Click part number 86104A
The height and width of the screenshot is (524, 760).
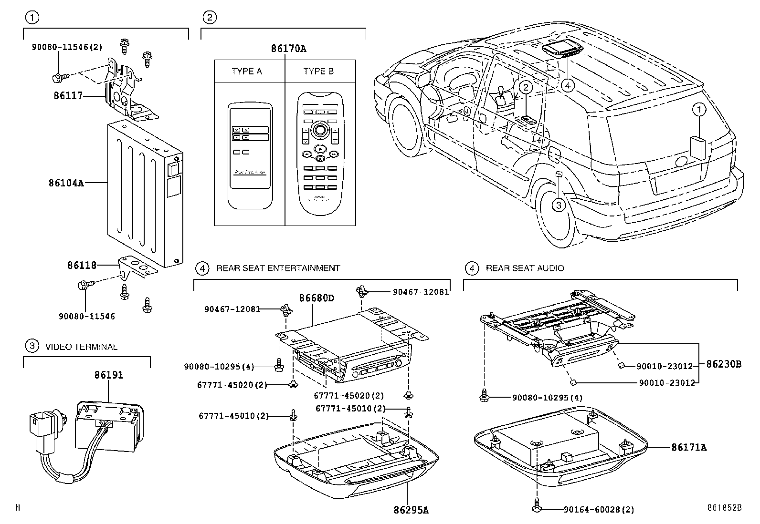pos(65,183)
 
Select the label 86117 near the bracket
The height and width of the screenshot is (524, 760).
pos(68,96)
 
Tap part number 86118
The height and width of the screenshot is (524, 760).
pos(82,265)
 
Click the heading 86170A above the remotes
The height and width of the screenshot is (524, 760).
pos(288,49)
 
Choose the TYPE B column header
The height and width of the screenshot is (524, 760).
pos(318,72)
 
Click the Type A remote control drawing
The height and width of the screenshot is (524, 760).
pos(250,155)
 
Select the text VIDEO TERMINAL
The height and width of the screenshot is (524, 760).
pos(81,347)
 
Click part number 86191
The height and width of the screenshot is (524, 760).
pos(108,375)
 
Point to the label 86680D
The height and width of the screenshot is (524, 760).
pos(317,299)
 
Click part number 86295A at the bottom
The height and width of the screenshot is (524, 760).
pos(411,510)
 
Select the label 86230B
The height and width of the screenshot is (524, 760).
pos(724,364)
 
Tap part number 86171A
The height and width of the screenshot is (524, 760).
pos(688,447)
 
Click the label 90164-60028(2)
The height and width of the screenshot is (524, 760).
pos(599,510)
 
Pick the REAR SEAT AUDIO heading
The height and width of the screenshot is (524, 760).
pos(525,268)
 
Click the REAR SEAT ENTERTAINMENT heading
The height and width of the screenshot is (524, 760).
pos(278,268)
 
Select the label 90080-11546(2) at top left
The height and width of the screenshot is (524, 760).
pos(67,47)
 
